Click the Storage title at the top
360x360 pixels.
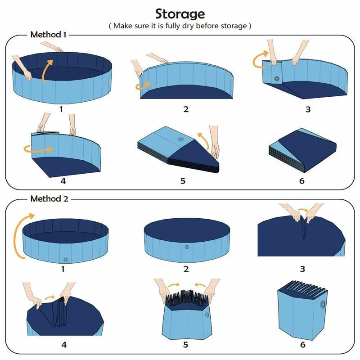180,14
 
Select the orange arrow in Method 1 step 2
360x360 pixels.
144,85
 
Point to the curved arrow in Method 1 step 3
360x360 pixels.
258,60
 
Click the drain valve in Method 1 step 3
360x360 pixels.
275,79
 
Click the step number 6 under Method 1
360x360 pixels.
301,181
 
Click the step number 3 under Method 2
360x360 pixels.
302,269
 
